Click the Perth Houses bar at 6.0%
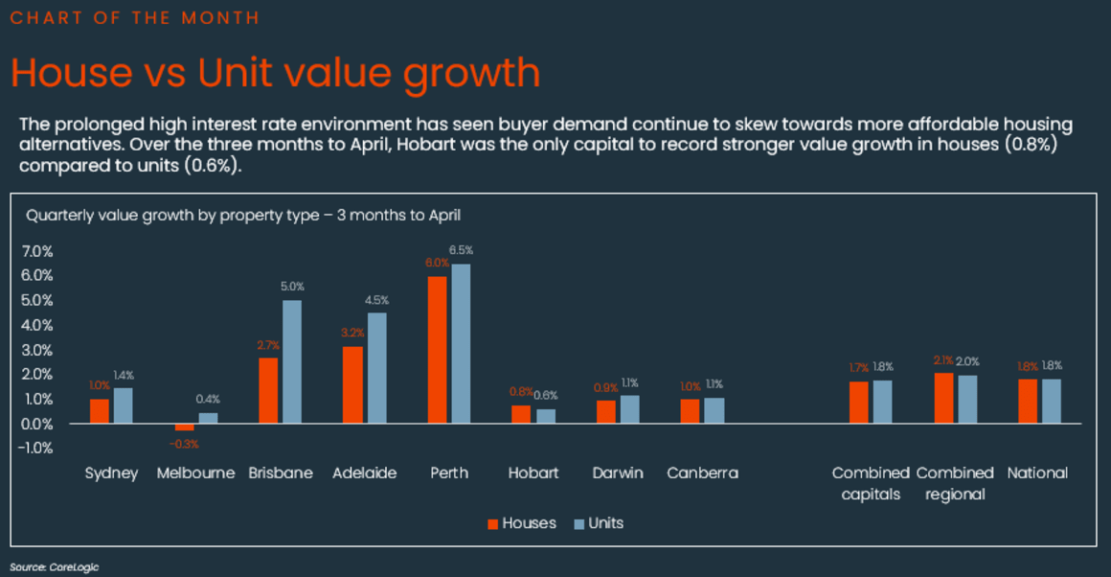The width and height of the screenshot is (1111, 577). (x=437, y=350)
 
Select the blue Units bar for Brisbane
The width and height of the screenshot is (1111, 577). (x=291, y=362)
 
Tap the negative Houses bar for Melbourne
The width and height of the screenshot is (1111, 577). (x=184, y=427)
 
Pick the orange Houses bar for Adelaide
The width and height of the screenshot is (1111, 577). (x=352, y=384)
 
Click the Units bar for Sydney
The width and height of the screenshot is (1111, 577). (x=123, y=405)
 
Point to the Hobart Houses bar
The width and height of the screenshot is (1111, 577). (x=520, y=414)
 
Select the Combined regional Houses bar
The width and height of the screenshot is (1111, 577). (x=943, y=398)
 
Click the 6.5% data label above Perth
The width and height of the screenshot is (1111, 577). (x=461, y=250)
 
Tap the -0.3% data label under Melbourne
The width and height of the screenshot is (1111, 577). (x=184, y=444)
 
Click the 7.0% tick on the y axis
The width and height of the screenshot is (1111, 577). (x=36, y=251)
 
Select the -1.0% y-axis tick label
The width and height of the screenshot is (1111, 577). (x=36, y=448)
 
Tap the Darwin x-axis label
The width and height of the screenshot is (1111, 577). (x=617, y=473)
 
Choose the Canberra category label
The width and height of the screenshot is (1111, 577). (x=702, y=473)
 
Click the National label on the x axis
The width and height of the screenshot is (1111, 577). (x=1037, y=473)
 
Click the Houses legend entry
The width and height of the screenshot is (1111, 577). (x=522, y=523)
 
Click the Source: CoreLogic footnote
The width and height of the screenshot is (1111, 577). (x=55, y=567)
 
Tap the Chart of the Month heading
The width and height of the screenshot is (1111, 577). (x=135, y=18)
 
